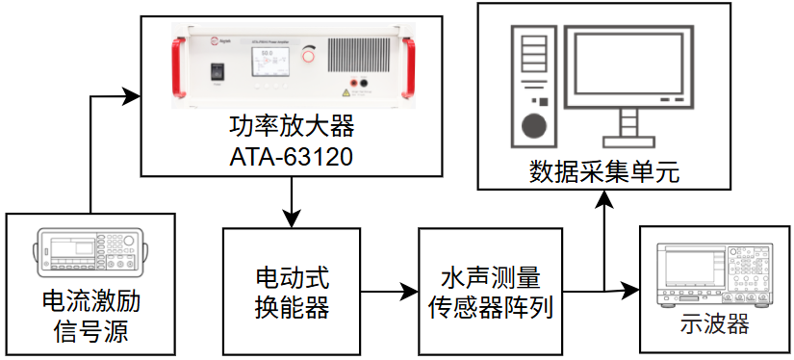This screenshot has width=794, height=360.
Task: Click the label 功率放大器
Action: (292, 127)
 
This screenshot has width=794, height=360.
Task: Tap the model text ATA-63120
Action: (292, 158)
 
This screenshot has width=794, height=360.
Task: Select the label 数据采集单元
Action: (603, 172)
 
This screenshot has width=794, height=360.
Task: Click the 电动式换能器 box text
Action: (292, 292)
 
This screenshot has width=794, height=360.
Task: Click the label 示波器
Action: (714, 324)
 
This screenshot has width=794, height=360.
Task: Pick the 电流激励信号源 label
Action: (90, 317)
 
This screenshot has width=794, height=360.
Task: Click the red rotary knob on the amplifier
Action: (308, 55)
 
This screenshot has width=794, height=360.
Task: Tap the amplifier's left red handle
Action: (179, 67)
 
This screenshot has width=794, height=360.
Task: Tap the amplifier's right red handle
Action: (408, 67)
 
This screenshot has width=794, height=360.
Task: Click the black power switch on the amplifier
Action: (218, 72)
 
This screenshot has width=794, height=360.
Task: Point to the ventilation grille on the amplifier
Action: (361, 55)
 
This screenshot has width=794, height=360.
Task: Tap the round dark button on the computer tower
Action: (535, 124)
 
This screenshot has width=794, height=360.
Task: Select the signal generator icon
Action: (90, 251)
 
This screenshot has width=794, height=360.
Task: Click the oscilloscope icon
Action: (715, 275)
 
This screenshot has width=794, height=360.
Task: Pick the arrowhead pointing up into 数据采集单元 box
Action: (604, 199)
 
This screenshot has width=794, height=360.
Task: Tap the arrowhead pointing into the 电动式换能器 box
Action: (292, 219)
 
